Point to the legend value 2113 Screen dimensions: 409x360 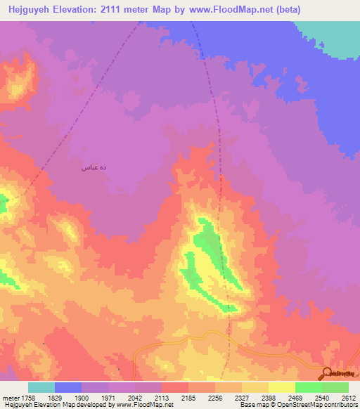(162, 397)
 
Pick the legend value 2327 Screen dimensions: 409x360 (242, 397)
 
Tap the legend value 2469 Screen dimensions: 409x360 (295, 397)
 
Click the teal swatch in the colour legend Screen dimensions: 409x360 (41, 387)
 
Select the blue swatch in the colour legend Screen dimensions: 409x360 (68, 387)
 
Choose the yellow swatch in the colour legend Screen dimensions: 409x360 (281, 387)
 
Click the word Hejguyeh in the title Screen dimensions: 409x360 (29, 10)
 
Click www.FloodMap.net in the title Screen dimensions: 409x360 (230, 10)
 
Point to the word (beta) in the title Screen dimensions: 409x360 (288, 10)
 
